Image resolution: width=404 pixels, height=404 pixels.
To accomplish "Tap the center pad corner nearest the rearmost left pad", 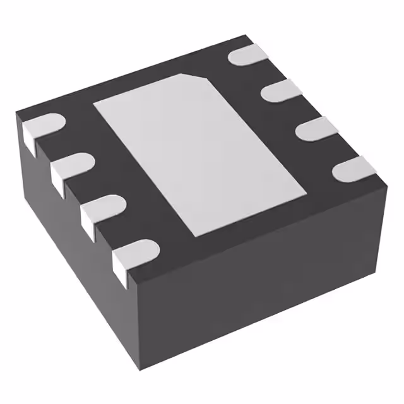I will [x=94, y=104].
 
